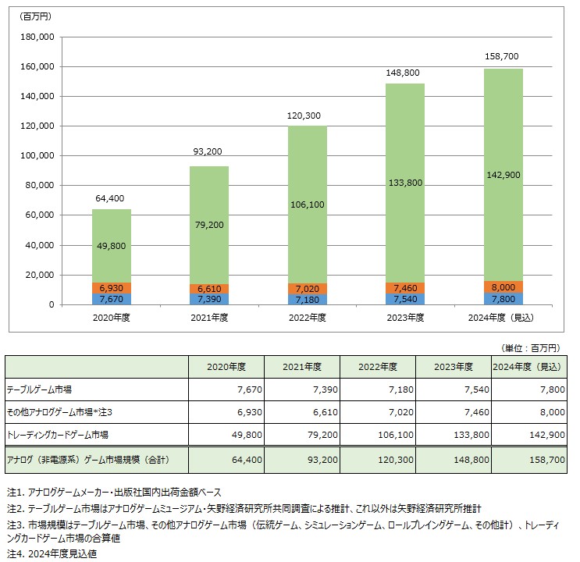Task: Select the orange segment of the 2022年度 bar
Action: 307,288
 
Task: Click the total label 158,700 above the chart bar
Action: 503,57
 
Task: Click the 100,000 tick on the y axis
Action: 36,156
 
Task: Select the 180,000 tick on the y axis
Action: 36,37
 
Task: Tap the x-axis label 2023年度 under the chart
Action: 404,318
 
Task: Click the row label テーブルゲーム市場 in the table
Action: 39,389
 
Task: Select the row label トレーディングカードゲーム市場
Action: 57,435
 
